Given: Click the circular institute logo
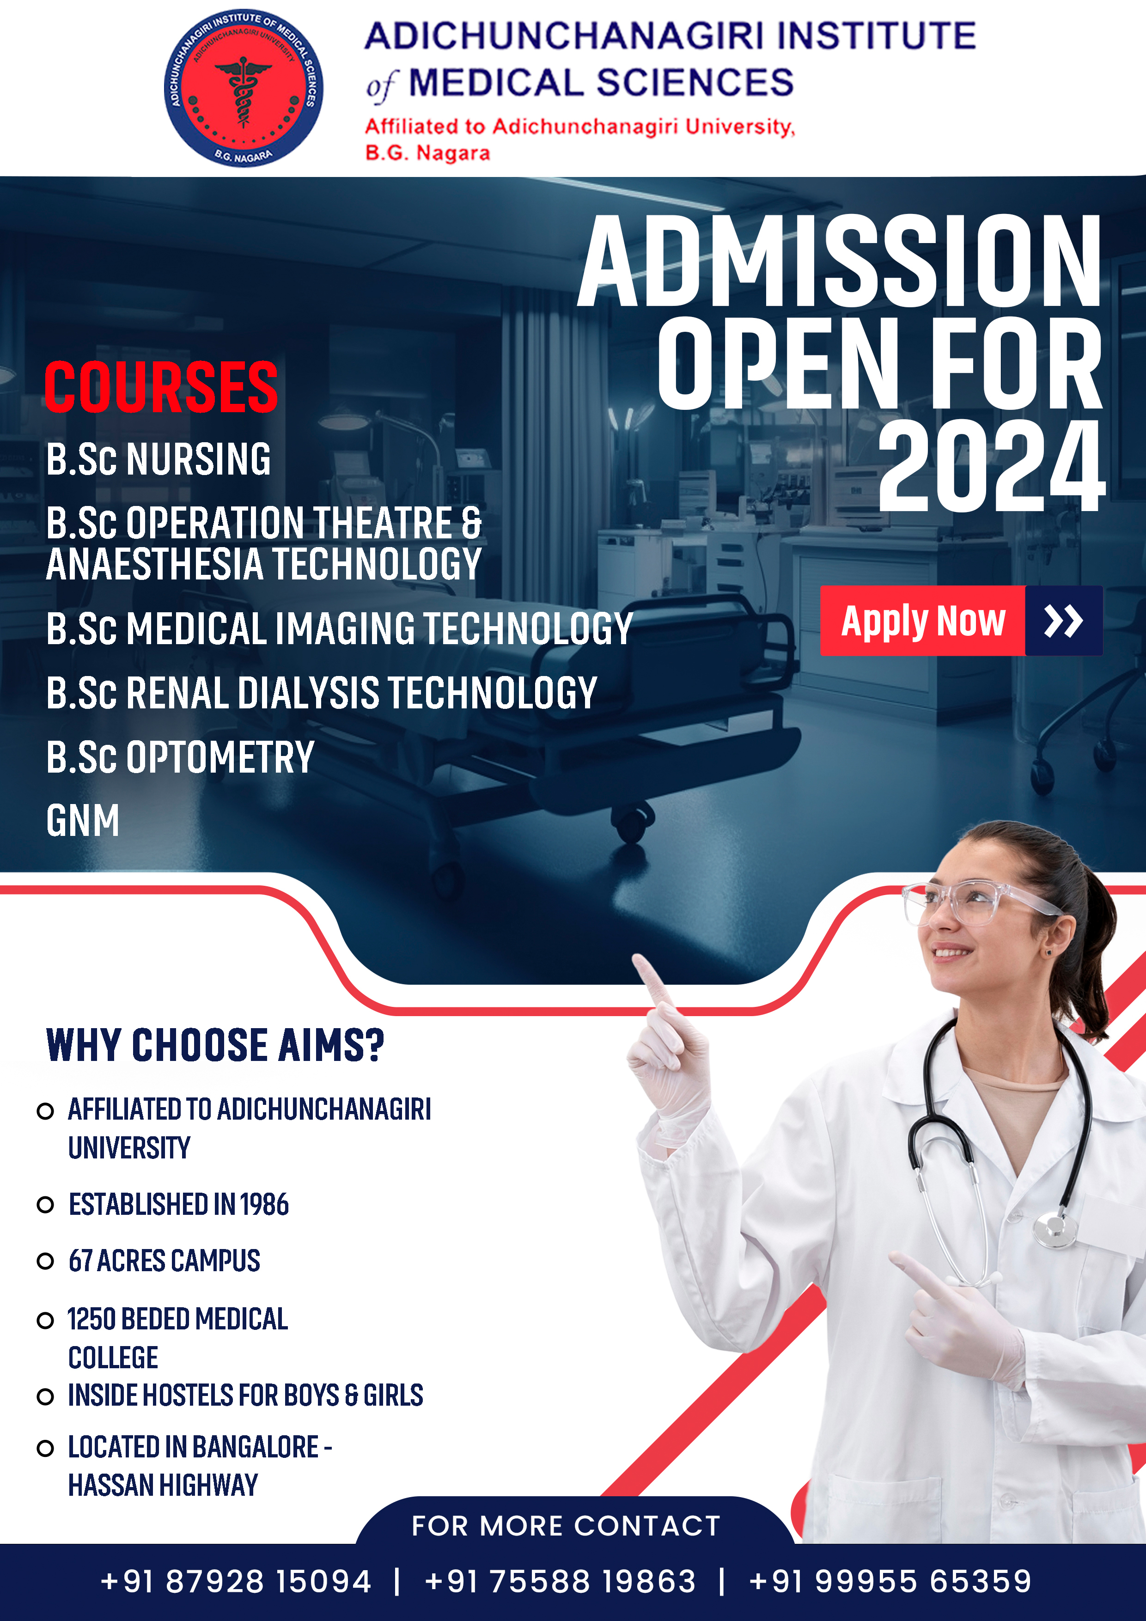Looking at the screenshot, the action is (x=244, y=88).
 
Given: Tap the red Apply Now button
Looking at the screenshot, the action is (x=922, y=621).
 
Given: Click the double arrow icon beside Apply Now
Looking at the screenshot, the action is (x=1063, y=621).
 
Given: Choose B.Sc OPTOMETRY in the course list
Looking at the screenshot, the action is (x=180, y=757).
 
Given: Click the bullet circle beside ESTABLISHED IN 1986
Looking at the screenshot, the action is (x=45, y=1205).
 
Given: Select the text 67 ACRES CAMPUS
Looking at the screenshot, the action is (x=165, y=1261).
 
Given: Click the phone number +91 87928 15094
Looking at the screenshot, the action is (x=236, y=1581).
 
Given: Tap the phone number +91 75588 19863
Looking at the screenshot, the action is (x=561, y=1581).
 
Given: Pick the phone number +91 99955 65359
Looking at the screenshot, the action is (x=890, y=1581).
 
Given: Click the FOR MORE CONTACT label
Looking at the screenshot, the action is (x=566, y=1526).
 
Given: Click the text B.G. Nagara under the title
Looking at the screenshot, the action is (x=427, y=152).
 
